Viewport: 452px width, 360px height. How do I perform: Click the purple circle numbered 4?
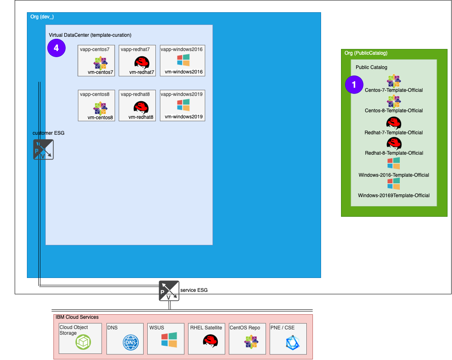tap(56, 48)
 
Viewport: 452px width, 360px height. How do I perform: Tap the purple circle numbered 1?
tap(354, 85)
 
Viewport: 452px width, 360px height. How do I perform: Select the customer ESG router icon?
tap(43, 149)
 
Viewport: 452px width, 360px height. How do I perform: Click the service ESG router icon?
tap(169, 291)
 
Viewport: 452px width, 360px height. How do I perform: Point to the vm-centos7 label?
tap(100, 72)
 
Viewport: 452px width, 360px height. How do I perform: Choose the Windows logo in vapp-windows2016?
tap(183, 60)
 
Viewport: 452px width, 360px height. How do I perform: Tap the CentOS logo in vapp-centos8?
tap(100, 108)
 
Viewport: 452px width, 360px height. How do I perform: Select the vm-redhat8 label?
tap(141, 117)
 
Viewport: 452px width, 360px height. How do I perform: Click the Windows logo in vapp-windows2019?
tap(183, 105)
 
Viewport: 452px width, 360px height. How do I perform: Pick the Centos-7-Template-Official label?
tap(394, 90)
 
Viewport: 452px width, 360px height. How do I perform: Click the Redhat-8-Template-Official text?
tap(394, 153)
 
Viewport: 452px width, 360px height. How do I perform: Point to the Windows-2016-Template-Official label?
tap(394, 175)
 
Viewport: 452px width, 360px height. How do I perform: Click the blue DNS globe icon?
tap(131, 342)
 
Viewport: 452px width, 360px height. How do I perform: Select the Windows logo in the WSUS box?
tap(169, 340)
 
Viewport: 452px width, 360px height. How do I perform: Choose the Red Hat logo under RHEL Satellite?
tap(210, 341)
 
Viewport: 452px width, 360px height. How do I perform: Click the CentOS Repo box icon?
tap(251, 342)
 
